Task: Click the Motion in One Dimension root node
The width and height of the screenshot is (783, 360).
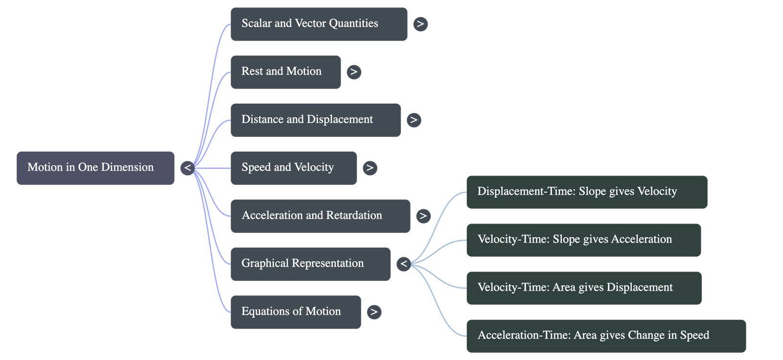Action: (x=95, y=168)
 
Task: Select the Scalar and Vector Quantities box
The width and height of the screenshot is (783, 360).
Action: (x=319, y=24)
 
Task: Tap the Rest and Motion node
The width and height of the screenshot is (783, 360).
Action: (x=285, y=72)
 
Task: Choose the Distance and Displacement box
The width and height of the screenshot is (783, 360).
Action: (x=315, y=120)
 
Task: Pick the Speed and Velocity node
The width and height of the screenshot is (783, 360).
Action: (x=293, y=168)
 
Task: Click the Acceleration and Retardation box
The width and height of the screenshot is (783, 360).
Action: (x=320, y=216)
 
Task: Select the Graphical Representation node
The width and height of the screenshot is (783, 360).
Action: (x=310, y=264)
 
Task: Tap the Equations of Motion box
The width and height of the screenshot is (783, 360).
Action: (x=295, y=312)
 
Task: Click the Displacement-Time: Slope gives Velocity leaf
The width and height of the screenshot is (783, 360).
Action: (x=586, y=192)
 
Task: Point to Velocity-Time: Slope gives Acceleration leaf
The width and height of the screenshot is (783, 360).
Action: (x=583, y=240)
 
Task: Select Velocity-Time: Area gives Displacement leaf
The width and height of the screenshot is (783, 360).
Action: (x=583, y=288)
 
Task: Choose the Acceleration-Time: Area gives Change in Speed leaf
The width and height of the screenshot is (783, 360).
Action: (x=606, y=336)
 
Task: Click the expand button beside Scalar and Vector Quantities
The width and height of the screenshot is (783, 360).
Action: (x=420, y=24)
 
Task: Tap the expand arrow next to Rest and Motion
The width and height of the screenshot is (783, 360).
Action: (x=354, y=72)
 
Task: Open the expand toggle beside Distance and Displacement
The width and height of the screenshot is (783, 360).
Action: (x=414, y=120)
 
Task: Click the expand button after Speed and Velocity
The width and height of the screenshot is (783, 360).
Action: (x=370, y=168)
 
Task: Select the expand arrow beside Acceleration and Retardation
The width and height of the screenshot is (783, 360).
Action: (x=423, y=216)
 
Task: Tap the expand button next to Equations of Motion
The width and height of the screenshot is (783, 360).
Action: (x=374, y=312)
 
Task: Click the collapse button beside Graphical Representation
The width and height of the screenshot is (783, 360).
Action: (x=404, y=264)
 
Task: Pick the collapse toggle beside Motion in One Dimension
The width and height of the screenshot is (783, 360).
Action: (x=187, y=168)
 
